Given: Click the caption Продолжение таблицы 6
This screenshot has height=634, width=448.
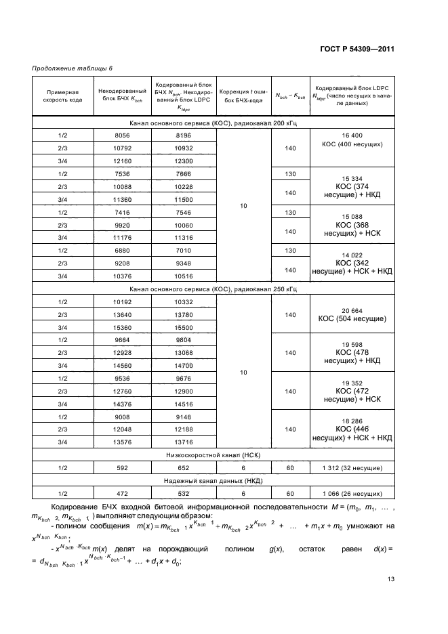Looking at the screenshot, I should (x=73, y=68).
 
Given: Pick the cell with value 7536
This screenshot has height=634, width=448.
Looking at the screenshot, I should (x=122, y=173).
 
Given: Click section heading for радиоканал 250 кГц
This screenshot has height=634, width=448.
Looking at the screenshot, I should (x=213, y=289).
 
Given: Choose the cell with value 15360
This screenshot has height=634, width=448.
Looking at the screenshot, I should (x=122, y=326).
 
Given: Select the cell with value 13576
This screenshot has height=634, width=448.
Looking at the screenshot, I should (x=122, y=442).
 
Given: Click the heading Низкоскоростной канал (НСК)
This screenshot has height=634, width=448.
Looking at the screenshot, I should (x=213, y=455).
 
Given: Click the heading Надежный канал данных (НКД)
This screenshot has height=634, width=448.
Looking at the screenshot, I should (x=213, y=480).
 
